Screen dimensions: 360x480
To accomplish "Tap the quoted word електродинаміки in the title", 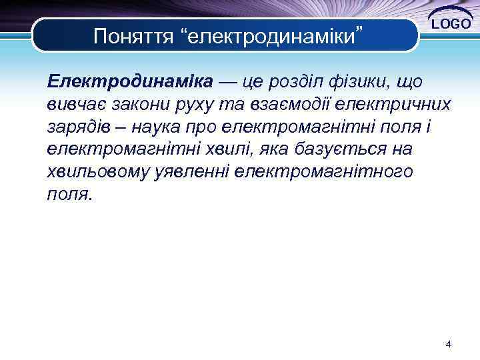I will tap(273, 35).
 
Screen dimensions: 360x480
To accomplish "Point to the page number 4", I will tap(448, 345).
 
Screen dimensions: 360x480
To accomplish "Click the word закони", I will tap(143, 105).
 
